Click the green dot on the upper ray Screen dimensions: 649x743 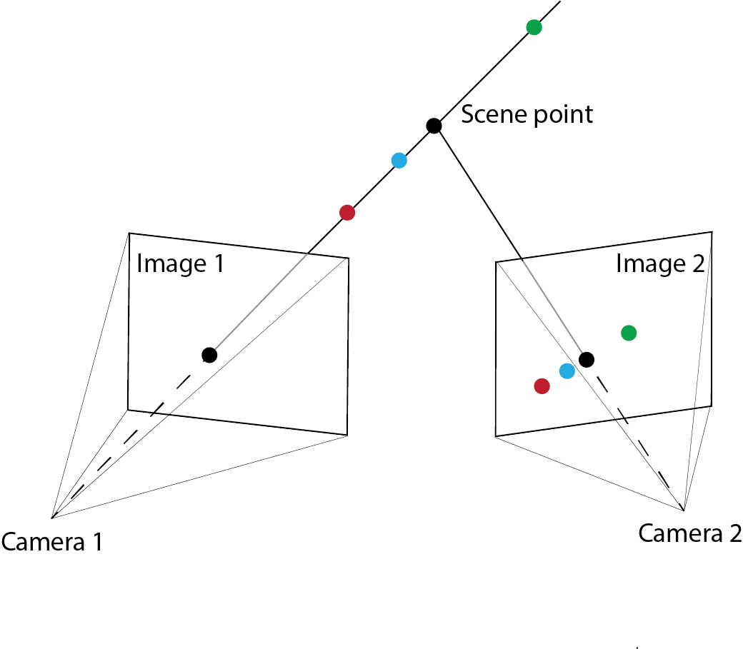click(534, 28)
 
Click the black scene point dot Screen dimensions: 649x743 click(434, 126)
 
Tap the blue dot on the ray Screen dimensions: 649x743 click(399, 161)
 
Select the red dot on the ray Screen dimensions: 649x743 click(347, 212)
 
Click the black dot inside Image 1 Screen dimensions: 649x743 click(209, 355)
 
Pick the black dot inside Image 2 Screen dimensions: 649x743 click(587, 359)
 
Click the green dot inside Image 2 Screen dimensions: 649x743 click(629, 333)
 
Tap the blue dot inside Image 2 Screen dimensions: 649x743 click(567, 371)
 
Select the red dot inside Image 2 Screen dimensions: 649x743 click(542, 386)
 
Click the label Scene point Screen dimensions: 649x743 click(527, 114)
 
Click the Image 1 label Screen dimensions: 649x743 click(180, 264)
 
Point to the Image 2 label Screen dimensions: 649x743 click(660, 264)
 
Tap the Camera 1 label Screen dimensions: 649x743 click(51, 543)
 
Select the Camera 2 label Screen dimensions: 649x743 click(689, 533)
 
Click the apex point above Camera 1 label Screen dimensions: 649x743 click(52, 517)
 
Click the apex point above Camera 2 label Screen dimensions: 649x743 click(684, 510)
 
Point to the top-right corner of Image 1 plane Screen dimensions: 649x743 click(349, 258)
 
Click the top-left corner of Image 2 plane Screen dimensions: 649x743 click(496, 263)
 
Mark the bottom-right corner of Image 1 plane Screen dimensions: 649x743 click(347, 434)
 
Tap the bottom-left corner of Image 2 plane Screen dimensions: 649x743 click(496, 437)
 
